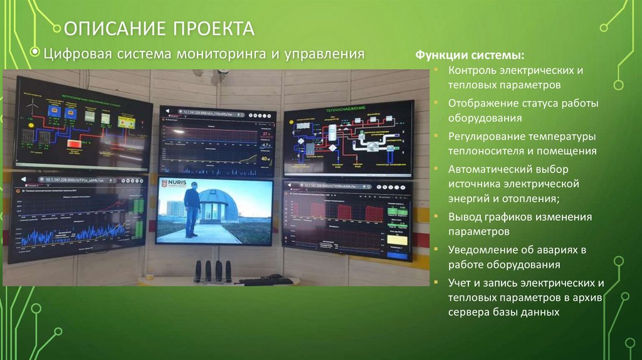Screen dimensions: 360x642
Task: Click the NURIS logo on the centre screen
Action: tap(173, 184)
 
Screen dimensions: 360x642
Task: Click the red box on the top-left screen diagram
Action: tap(75, 144)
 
